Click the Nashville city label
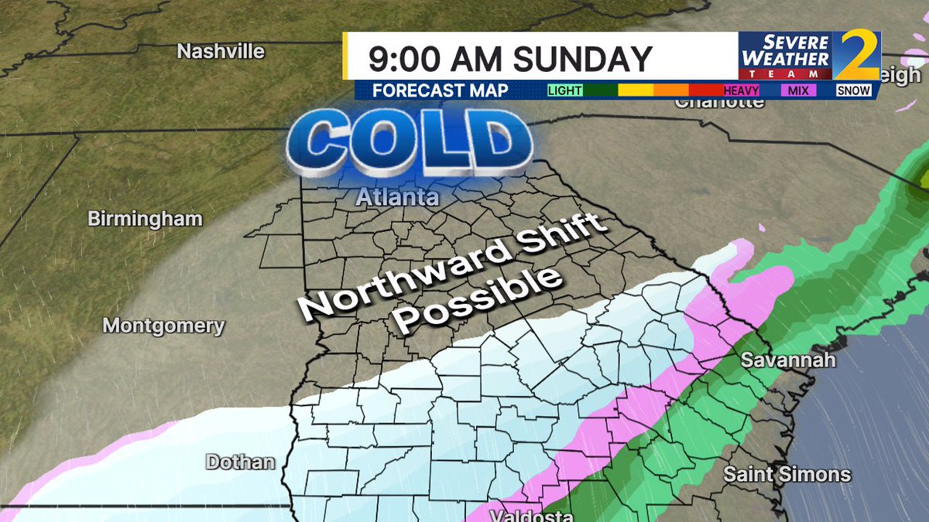221,52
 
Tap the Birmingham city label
145,219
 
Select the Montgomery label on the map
163,326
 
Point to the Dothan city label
240,462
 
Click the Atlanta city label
397,198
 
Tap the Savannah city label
788,360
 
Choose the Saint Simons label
787,474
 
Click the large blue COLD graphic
410,144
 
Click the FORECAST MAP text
440,90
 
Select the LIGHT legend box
565,90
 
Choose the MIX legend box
797,90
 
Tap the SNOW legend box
854,90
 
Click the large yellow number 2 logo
857,55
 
